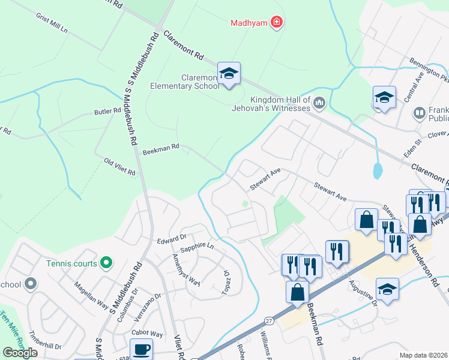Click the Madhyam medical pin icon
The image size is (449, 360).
point(276,23)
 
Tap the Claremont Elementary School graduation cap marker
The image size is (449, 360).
point(229,74)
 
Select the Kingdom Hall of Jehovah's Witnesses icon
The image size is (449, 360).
point(319,103)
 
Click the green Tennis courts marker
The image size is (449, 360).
point(106,262)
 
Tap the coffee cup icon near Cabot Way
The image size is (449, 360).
point(141,349)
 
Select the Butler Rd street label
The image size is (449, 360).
point(107,112)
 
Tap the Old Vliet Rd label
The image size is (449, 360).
point(119,167)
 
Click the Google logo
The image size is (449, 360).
point(20,353)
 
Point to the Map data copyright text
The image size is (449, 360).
point(423,355)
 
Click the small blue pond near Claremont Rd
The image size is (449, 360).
point(377,171)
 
